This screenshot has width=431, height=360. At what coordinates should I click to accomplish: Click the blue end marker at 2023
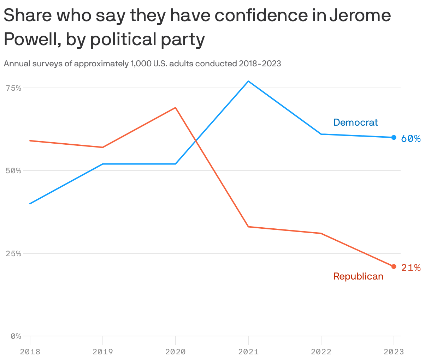point(394,137)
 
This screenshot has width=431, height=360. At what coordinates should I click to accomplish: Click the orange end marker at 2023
point(394,266)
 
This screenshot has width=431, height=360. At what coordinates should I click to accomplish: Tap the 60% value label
point(411,139)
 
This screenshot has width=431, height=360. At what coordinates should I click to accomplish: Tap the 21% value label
point(411,268)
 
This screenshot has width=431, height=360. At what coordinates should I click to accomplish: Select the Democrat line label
point(355,122)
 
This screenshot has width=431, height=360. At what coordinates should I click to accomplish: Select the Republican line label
point(358,276)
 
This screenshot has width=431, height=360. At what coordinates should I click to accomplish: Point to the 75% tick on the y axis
point(13,88)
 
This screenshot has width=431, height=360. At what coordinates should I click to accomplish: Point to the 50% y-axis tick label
point(13,171)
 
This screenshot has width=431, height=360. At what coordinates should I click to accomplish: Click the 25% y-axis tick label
point(13,254)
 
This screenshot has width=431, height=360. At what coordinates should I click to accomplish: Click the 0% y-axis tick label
point(16,336)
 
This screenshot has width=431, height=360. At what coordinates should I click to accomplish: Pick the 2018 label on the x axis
point(30,352)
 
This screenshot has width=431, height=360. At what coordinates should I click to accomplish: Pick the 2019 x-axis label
point(102,352)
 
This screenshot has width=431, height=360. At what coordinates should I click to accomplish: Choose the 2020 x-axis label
point(175,352)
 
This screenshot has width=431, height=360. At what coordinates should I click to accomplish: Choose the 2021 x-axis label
point(248,352)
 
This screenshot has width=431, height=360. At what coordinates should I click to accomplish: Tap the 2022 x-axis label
point(321,352)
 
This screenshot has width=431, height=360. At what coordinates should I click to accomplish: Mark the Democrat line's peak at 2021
point(248,82)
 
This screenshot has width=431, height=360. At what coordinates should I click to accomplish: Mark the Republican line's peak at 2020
point(175,108)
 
